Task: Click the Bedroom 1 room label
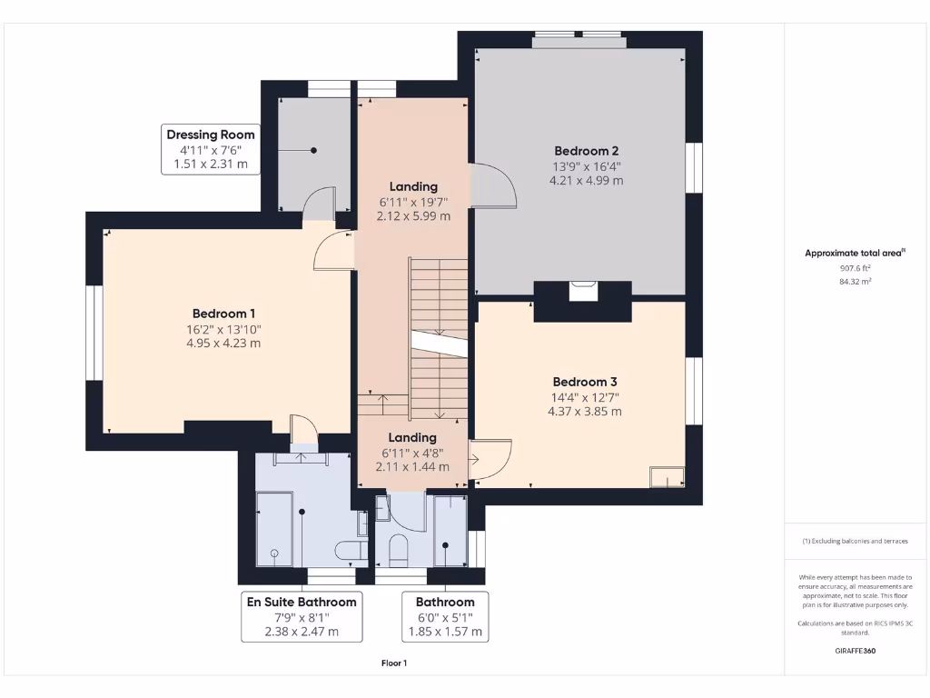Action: tap(223, 314)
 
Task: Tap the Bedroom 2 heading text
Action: tap(586, 151)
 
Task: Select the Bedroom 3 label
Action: tap(585, 382)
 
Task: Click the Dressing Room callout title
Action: tap(211, 135)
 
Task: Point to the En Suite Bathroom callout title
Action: tap(302, 602)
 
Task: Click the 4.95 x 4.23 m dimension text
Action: tap(223, 343)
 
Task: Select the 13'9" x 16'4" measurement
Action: tap(586, 166)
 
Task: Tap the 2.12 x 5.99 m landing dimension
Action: tap(413, 216)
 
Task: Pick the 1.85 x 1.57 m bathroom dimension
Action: tap(445, 632)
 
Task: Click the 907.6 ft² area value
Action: tap(856, 268)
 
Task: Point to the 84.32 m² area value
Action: tap(856, 282)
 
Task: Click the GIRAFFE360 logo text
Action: tap(856, 651)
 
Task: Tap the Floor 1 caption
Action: tap(394, 663)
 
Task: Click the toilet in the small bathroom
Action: tap(398, 550)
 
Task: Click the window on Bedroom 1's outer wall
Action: tap(94, 333)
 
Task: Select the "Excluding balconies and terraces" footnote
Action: tap(856, 541)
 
